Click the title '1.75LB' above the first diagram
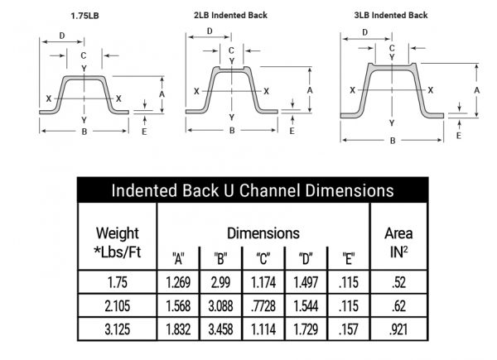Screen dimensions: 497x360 click(84, 16)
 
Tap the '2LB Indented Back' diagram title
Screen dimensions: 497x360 click(230, 15)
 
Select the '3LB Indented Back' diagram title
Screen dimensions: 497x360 click(391, 15)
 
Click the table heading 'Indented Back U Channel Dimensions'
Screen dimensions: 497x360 click(253, 190)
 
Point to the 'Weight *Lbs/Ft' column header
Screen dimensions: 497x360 click(118, 242)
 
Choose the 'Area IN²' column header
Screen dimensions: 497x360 click(398, 242)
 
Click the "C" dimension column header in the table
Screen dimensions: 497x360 click(263, 259)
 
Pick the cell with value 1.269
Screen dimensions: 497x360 click(178, 282)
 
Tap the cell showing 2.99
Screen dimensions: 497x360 click(220, 282)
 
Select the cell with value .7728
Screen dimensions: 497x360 click(263, 306)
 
